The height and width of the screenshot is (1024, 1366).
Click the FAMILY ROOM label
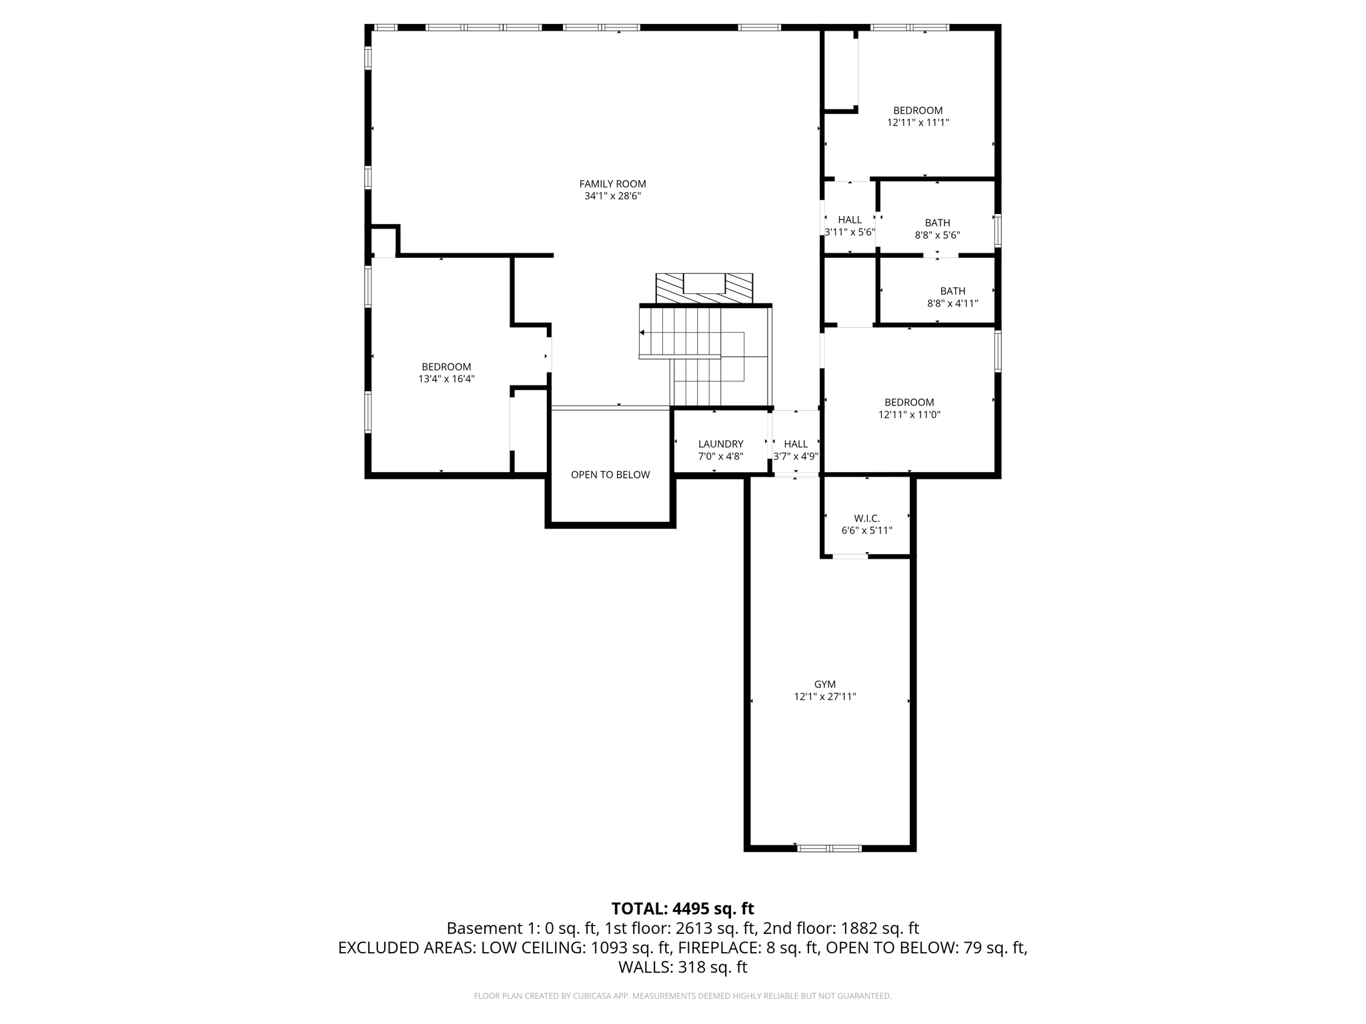tap(612, 184)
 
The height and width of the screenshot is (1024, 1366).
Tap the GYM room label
tap(824, 684)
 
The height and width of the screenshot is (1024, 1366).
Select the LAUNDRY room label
tap(720, 444)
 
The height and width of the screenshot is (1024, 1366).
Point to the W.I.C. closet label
tap(866, 518)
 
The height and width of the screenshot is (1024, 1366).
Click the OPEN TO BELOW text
tap(610, 475)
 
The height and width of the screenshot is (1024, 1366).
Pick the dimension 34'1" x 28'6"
tap(612, 196)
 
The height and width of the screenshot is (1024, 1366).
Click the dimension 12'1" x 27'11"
tap(824, 697)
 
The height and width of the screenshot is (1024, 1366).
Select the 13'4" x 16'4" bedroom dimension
tap(446, 379)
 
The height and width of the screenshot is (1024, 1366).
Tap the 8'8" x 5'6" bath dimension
tap(937, 235)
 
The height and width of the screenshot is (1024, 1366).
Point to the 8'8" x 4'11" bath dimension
tap(952, 303)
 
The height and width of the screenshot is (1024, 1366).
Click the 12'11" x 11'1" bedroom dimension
tap(918, 123)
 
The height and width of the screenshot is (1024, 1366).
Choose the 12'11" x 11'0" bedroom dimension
tap(909, 415)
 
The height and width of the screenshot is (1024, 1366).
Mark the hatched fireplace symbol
tap(704, 289)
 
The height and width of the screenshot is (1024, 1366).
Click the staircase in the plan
tap(705, 356)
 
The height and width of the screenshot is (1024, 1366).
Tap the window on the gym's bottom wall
tap(829, 849)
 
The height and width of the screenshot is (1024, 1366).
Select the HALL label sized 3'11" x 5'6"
tap(850, 220)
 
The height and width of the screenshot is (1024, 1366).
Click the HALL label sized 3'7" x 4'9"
tap(796, 444)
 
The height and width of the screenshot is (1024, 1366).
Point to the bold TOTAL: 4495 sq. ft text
tap(682, 909)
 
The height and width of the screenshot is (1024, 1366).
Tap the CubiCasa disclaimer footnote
tap(682, 996)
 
